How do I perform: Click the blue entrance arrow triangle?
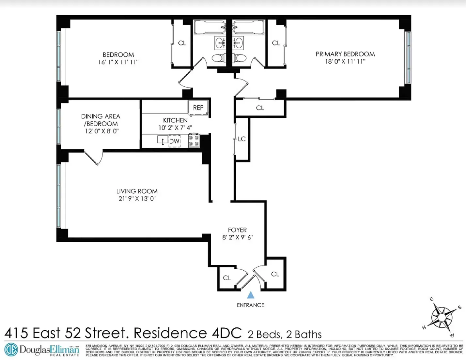click(251, 295)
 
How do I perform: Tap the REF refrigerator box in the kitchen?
click(198, 107)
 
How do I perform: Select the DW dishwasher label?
click(175, 141)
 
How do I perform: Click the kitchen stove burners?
click(194, 141)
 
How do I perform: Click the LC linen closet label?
click(241, 139)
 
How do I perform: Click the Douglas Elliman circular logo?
click(11, 350)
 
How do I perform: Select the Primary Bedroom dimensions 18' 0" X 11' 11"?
click(345, 61)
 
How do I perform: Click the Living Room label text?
click(137, 191)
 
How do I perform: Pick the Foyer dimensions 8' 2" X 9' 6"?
click(237, 237)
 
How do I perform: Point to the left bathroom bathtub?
click(209, 27)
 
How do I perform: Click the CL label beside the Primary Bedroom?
click(276, 43)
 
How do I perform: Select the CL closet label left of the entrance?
click(227, 278)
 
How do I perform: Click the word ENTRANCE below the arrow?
click(251, 305)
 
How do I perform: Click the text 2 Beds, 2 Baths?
click(285, 334)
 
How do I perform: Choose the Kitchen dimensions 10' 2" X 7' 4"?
click(175, 127)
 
